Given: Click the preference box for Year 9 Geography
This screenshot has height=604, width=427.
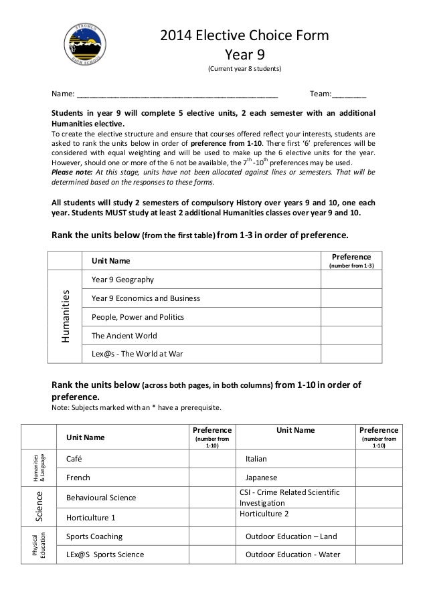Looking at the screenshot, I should (x=351, y=279).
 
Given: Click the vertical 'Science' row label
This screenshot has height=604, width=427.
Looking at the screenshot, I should (x=39, y=506).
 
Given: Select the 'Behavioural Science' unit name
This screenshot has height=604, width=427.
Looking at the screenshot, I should (x=101, y=498).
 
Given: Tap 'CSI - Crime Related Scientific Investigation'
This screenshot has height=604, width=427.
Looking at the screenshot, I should (x=289, y=497).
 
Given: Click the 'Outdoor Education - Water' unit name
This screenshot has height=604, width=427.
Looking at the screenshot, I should (x=293, y=555).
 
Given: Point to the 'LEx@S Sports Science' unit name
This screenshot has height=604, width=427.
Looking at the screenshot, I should (x=105, y=555).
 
